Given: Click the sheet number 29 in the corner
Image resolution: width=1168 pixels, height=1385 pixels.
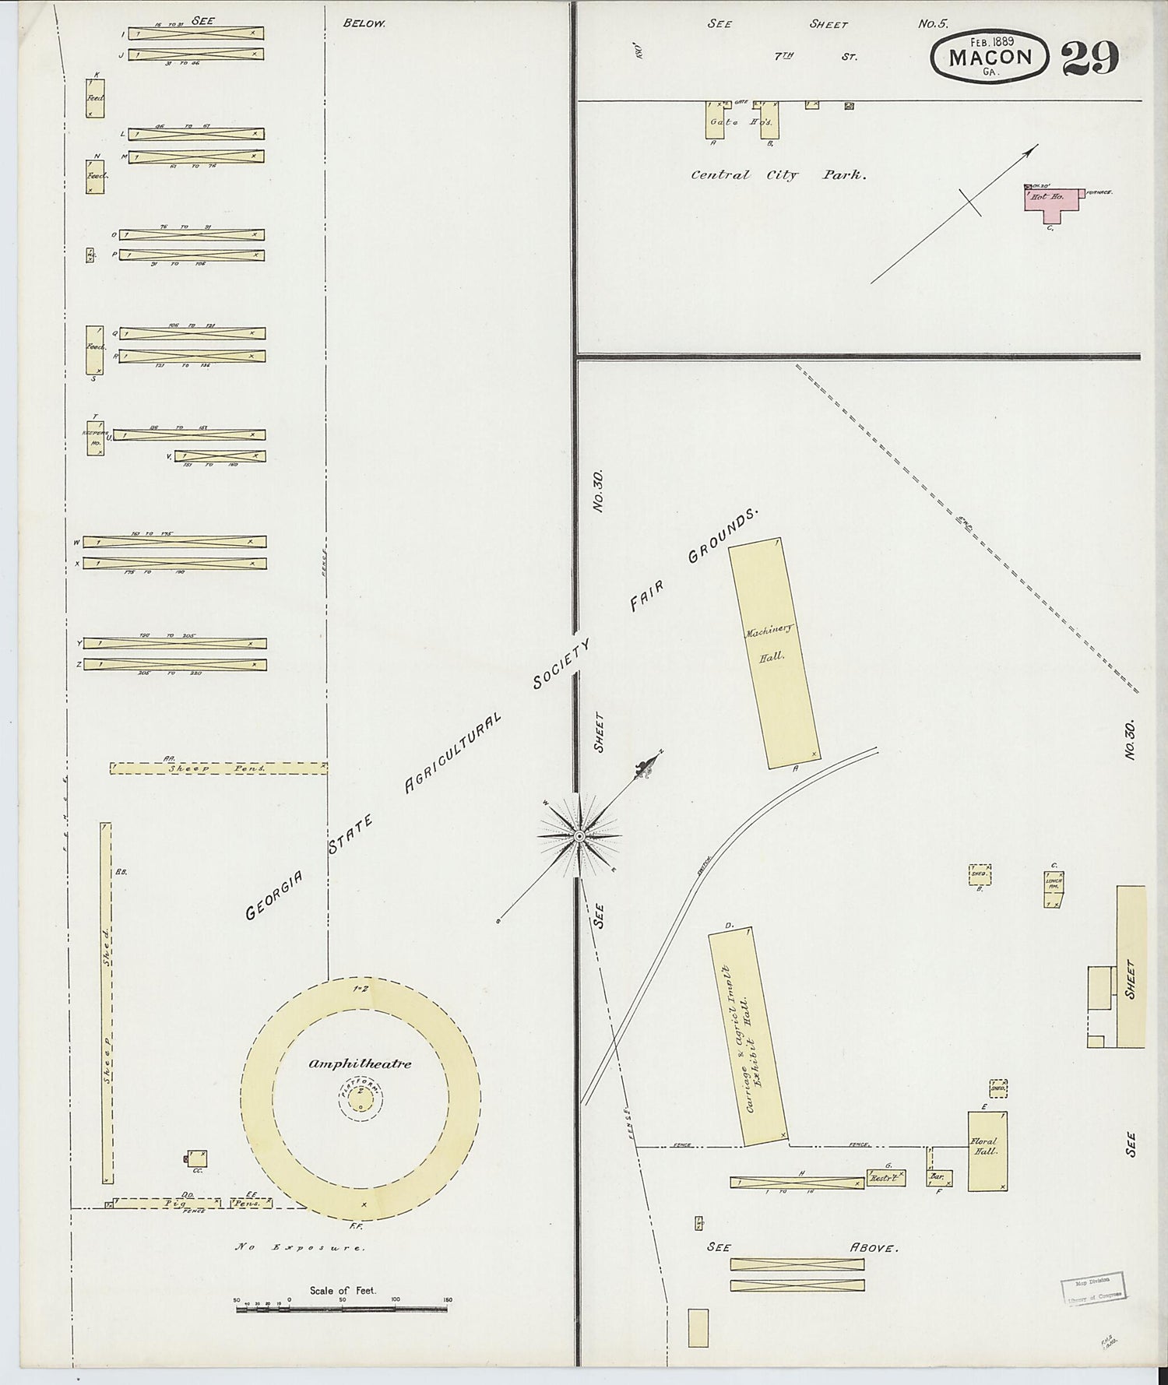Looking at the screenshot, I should [x=1090, y=58].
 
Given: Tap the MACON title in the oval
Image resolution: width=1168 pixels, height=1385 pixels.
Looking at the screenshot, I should [x=990, y=57].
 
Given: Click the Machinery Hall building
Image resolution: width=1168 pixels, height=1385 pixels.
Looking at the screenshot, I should [x=773, y=654].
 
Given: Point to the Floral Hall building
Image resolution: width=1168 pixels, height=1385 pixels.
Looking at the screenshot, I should [x=987, y=1150].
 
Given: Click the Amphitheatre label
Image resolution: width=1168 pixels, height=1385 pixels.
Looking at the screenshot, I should [x=359, y=1063].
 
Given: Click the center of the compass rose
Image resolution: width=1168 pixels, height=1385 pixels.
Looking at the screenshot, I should [x=579, y=836].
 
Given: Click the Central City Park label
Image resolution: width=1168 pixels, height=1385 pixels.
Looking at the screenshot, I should [x=778, y=175].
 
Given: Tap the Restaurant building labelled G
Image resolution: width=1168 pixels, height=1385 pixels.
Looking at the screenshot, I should [x=886, y=1178].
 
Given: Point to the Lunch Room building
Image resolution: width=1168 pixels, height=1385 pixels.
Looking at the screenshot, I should [x=1054, y=889].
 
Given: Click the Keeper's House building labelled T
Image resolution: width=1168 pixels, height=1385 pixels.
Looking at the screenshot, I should [x=95, y=438].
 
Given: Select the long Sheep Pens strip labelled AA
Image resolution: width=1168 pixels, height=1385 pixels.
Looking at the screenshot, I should [x=218, y=768].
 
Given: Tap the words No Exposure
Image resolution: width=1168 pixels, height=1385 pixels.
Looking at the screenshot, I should [x=300, y=1247].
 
